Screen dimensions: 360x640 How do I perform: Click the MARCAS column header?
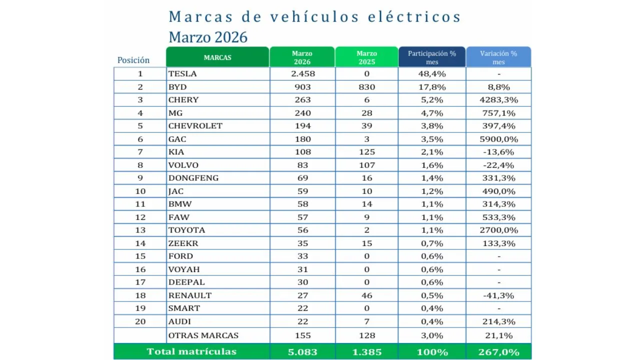217,57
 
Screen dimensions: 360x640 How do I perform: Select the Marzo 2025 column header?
366,57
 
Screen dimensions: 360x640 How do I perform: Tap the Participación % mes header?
432,57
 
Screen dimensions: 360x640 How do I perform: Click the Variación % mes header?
498,57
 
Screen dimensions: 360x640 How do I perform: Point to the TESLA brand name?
182,73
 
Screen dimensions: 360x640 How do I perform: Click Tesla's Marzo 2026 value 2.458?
302,73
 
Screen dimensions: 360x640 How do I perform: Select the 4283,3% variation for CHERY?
498,99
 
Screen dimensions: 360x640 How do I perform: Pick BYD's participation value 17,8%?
432,86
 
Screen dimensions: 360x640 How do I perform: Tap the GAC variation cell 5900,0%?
498,139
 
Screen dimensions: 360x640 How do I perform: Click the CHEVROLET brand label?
195,125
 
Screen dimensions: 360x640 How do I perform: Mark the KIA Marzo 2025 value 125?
366,151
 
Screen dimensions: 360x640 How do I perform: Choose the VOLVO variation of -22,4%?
498,165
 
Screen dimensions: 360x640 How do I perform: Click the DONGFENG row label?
193,178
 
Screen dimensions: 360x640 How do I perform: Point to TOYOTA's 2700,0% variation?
498,230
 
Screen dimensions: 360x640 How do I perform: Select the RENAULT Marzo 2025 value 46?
366,295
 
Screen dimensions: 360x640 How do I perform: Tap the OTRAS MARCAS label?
203,335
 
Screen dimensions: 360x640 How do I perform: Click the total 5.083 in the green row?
302,352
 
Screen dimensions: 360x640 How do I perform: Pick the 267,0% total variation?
498,352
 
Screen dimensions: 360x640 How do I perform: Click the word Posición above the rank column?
133,60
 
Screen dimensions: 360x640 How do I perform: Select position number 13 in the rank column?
140,230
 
